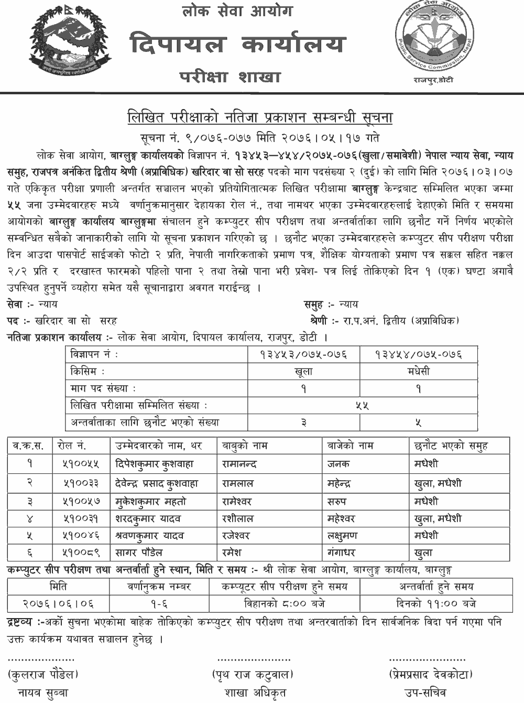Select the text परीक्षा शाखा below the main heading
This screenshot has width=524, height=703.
click(230, 77)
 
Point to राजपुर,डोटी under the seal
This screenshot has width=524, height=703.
click(433, 80)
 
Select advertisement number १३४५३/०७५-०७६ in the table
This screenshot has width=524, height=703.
click(303, 355)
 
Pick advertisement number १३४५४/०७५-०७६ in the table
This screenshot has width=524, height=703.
click(418, 355)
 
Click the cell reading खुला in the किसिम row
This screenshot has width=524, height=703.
click(303, 372)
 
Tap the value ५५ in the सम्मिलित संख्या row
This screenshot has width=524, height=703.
click(362, 405)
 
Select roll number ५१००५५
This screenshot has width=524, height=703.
click(79, 464)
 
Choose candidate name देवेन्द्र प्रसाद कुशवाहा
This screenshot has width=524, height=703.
click(157, 483)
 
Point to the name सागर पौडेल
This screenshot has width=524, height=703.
click(139, 553)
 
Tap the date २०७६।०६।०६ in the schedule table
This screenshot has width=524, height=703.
click(58, 604)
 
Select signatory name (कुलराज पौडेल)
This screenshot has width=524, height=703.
click(43, 675)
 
